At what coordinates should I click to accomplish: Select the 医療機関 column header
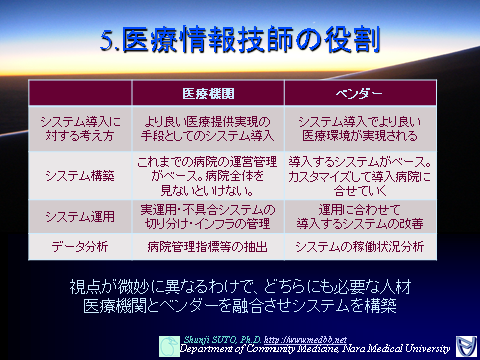click(208, 93)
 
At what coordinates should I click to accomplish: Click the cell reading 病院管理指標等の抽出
click(208, 246)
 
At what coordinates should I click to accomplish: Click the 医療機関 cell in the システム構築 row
click(208, 175)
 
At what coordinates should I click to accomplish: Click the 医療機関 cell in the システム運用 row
click(208, 215)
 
